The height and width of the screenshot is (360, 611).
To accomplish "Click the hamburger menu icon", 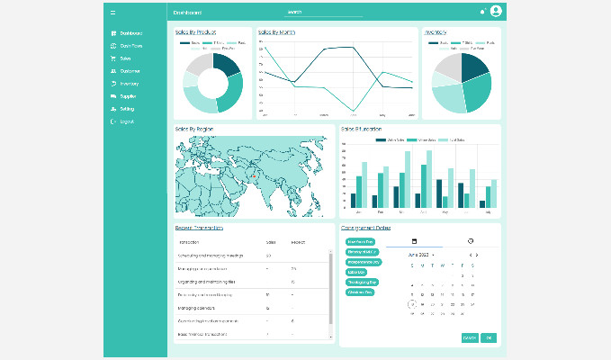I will (x=112, y=13).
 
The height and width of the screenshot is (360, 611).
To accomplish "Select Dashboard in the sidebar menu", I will (x=130, y=33).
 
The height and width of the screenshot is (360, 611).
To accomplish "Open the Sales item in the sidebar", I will (x=125, y=58).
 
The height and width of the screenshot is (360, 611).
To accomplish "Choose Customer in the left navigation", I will (x=130, y=70).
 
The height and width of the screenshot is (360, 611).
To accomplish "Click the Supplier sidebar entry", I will (x=128, y=95).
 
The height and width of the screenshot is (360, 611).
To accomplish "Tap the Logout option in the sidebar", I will (x=126, y=121).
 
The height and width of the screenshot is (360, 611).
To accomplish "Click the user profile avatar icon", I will (x=496, y=12).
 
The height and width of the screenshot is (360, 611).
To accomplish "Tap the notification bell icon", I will (x=482, y=12).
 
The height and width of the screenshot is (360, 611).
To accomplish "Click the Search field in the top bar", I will (x=324, y=13).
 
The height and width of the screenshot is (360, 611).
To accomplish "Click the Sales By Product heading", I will (x=195, y=32).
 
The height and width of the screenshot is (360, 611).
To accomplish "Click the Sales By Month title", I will (x=276, y=32).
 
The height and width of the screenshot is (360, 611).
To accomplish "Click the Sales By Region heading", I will (x=194, y=130).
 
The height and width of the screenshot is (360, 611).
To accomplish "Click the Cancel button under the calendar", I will (x=469, y=337).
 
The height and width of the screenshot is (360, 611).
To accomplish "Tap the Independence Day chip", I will (x=363, y=262).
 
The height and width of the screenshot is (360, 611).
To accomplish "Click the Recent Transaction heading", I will (x=202, y=228).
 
